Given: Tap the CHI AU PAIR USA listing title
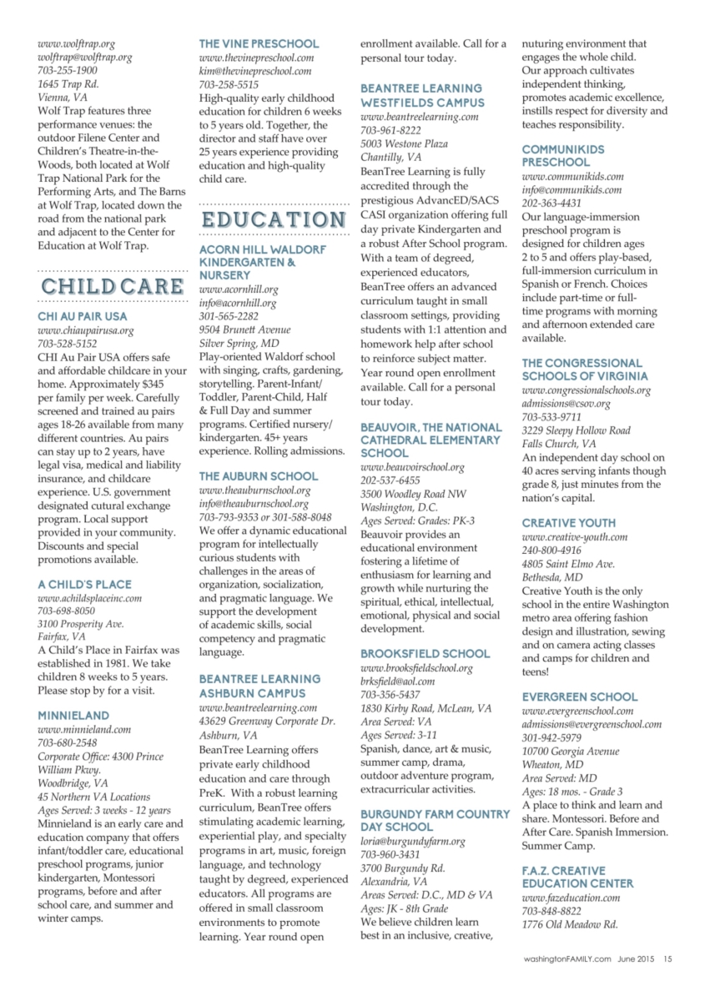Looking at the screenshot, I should (x=83, y=317).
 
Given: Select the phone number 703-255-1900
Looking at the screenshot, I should (x=67, y=71).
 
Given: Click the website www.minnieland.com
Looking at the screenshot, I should (x=84, y=729).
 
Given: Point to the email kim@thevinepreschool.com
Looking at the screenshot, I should (x=255, y=72).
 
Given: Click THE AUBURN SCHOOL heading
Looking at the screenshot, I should (x=258, y=476).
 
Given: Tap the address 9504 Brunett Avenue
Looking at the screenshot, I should (x=239, y=330).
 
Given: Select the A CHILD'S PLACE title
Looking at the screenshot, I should (x=84, y=585).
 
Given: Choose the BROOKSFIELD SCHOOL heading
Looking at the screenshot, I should (x=425, y=654).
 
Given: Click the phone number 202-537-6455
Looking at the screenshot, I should (x=390, y=481).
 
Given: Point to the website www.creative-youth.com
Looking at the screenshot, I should (x=569, y=537).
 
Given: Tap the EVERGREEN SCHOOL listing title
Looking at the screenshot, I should (x=579, y=697).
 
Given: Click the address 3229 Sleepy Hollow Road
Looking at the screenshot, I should (x=576, y=430).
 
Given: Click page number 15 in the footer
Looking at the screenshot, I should (x=667, y=958).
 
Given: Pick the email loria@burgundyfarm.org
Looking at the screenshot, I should (x=412, y=842).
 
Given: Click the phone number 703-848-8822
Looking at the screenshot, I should (x=551, y=911).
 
